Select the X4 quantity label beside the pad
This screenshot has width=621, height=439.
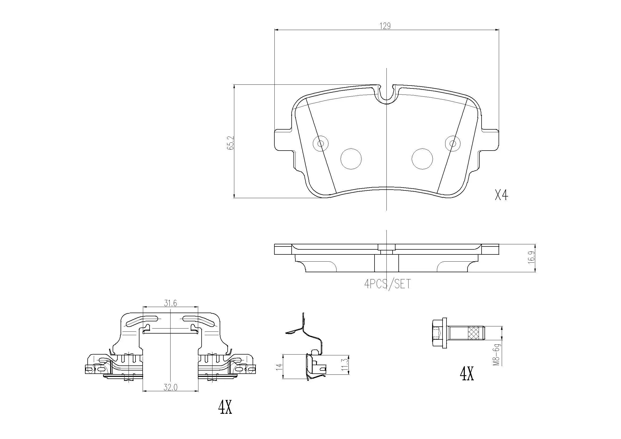(501, 195)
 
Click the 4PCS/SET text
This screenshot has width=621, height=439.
(387, 284)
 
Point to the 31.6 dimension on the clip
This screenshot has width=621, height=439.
(171, 304)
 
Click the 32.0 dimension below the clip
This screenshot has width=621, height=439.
(171, 387)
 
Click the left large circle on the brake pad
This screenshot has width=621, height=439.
(351, 159)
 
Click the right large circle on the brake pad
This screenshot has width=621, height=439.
(422, 159)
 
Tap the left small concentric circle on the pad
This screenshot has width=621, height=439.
(321, 143)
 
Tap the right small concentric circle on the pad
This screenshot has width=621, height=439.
(453, 143)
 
